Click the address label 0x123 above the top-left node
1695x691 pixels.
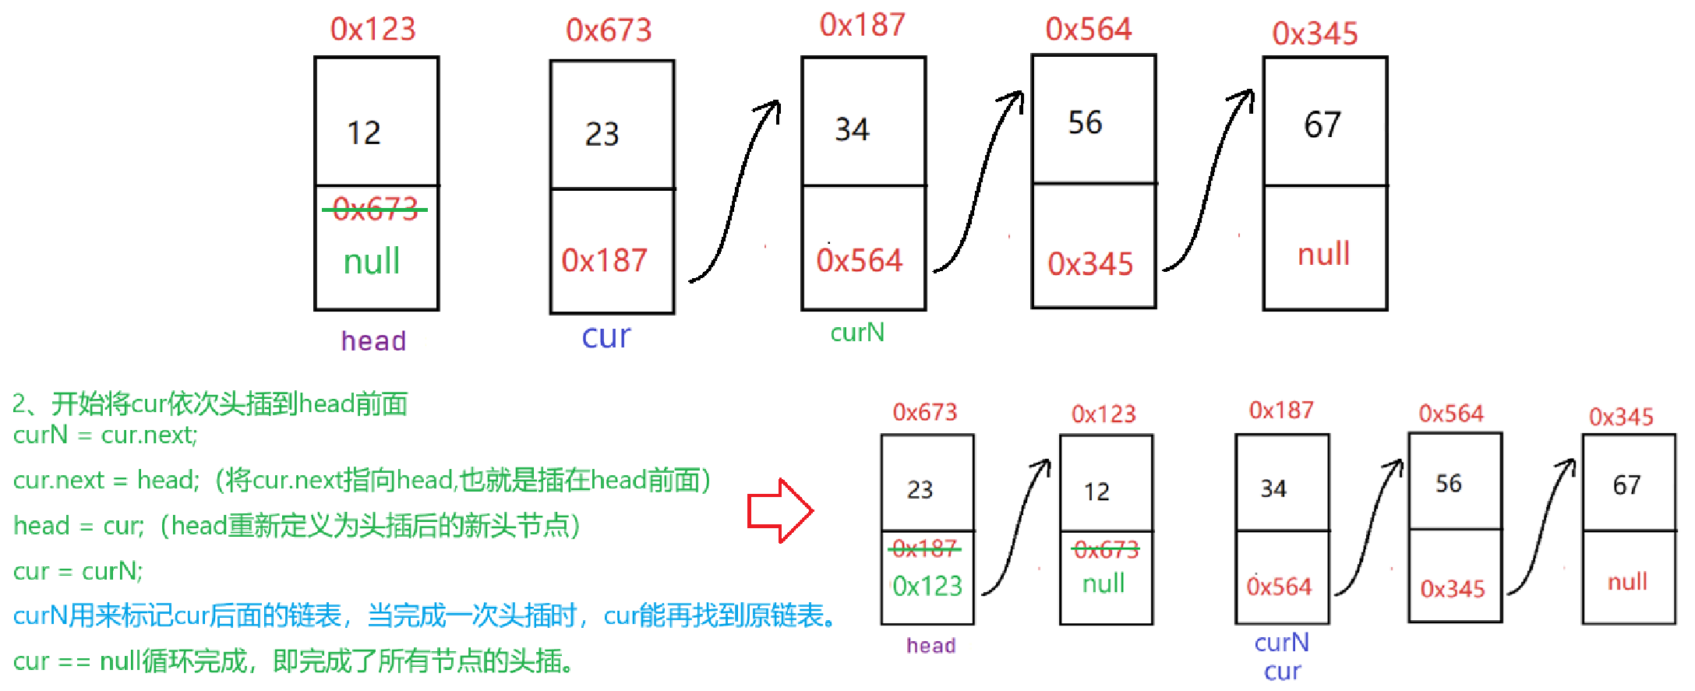(373, 29)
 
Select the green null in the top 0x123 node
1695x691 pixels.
(372, 261)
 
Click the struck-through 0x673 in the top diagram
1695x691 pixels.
(375, 209)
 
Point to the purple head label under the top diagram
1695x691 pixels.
(373, 340)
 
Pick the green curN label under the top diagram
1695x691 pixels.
(857, 333)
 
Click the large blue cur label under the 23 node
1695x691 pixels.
(606, 336)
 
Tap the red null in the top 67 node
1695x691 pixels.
(1323, 254)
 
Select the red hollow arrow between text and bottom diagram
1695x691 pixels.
(780, 511)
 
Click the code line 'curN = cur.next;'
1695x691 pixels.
(105, 435)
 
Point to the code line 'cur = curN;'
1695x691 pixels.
(78, 571)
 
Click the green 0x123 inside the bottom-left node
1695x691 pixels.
(927, 585)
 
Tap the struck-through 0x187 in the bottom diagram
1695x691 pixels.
(924, 548)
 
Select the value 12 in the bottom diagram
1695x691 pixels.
(1096, 492)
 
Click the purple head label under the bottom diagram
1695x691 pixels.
(930, 645)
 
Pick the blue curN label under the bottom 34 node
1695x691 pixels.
(1281, 642)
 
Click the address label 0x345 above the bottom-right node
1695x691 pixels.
(1621, 417)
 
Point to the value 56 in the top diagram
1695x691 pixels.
(1085, 122)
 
